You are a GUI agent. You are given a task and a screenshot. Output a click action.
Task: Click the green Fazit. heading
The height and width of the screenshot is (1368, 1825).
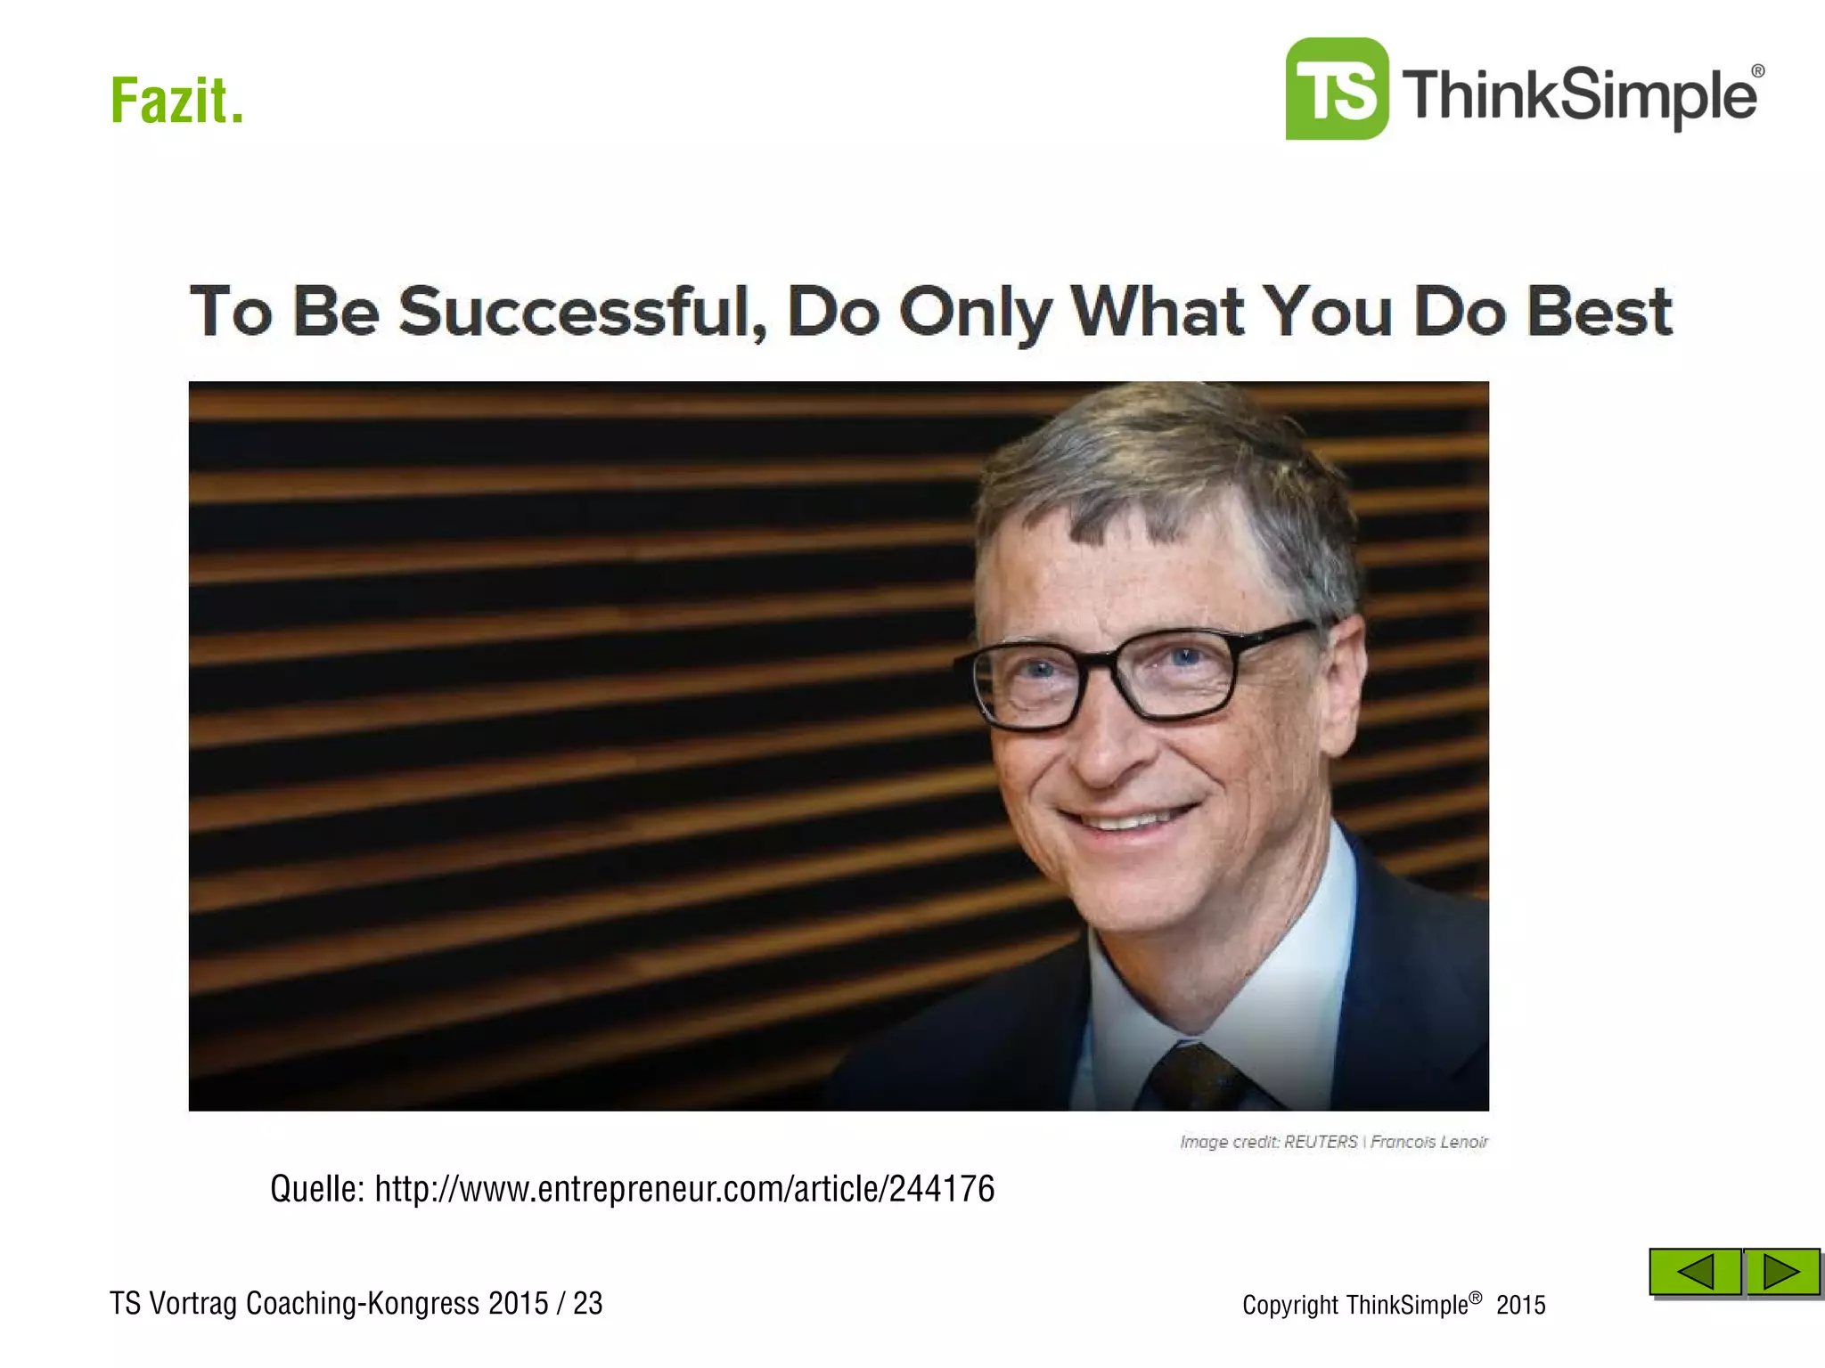[x=176, y=101]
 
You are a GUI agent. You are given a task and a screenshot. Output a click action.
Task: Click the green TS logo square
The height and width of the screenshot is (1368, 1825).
[x=1336, y=89]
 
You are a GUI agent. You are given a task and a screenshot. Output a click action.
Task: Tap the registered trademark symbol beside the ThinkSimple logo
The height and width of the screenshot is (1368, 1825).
[x=1757, y=71]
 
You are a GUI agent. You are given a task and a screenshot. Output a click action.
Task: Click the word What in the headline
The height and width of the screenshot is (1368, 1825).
[x=1158, y=312]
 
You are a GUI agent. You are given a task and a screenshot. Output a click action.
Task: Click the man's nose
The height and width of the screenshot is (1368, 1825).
[x=1105, y=748]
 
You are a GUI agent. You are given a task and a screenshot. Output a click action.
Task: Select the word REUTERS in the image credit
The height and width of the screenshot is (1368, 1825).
[x=1320, y=1142]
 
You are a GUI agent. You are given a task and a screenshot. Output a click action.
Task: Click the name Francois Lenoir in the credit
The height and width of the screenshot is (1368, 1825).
[x=1429, y=1142]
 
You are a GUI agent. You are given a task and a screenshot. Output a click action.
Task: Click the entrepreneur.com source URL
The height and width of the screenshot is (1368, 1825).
[x=683, y=1189]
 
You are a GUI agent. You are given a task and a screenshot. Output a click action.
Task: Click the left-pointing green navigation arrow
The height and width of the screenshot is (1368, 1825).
[x=1694, y=1271]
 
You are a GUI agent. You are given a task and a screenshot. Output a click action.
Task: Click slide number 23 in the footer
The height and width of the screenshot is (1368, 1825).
[x=587, y=1303]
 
